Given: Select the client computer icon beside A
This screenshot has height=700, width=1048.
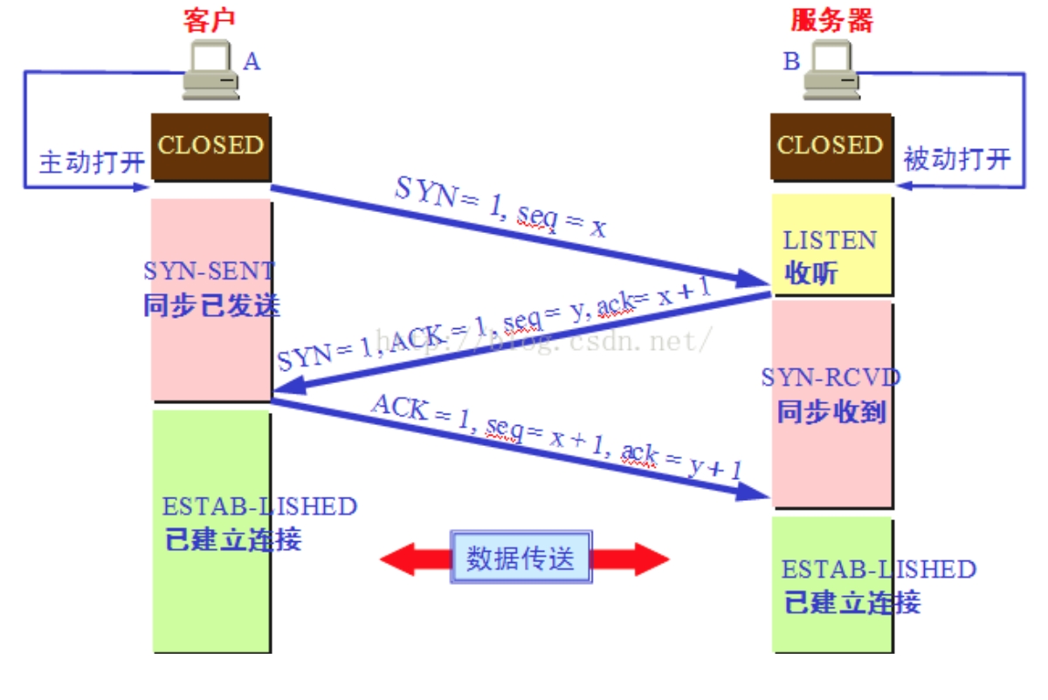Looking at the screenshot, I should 211,72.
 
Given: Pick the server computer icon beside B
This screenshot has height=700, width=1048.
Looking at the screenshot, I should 830,72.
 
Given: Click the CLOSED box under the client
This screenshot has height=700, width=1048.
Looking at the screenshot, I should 210,145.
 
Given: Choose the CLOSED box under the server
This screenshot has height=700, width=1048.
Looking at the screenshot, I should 831,145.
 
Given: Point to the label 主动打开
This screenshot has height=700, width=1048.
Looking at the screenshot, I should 91,162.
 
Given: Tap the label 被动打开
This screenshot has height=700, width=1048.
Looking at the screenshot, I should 956,159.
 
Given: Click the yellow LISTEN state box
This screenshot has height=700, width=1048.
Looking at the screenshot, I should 831,244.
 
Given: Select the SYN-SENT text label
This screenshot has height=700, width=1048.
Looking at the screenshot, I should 210,271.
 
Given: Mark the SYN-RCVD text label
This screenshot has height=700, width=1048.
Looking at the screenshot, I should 831,377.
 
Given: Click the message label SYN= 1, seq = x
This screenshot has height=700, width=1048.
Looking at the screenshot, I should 500,207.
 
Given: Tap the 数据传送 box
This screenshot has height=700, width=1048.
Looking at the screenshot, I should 521,558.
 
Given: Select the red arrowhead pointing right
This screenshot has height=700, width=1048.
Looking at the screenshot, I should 648,559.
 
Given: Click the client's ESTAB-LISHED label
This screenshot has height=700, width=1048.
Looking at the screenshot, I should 259,506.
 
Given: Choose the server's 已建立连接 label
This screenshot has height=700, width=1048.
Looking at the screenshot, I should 852,602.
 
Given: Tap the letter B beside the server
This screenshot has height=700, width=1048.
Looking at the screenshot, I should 791,61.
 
